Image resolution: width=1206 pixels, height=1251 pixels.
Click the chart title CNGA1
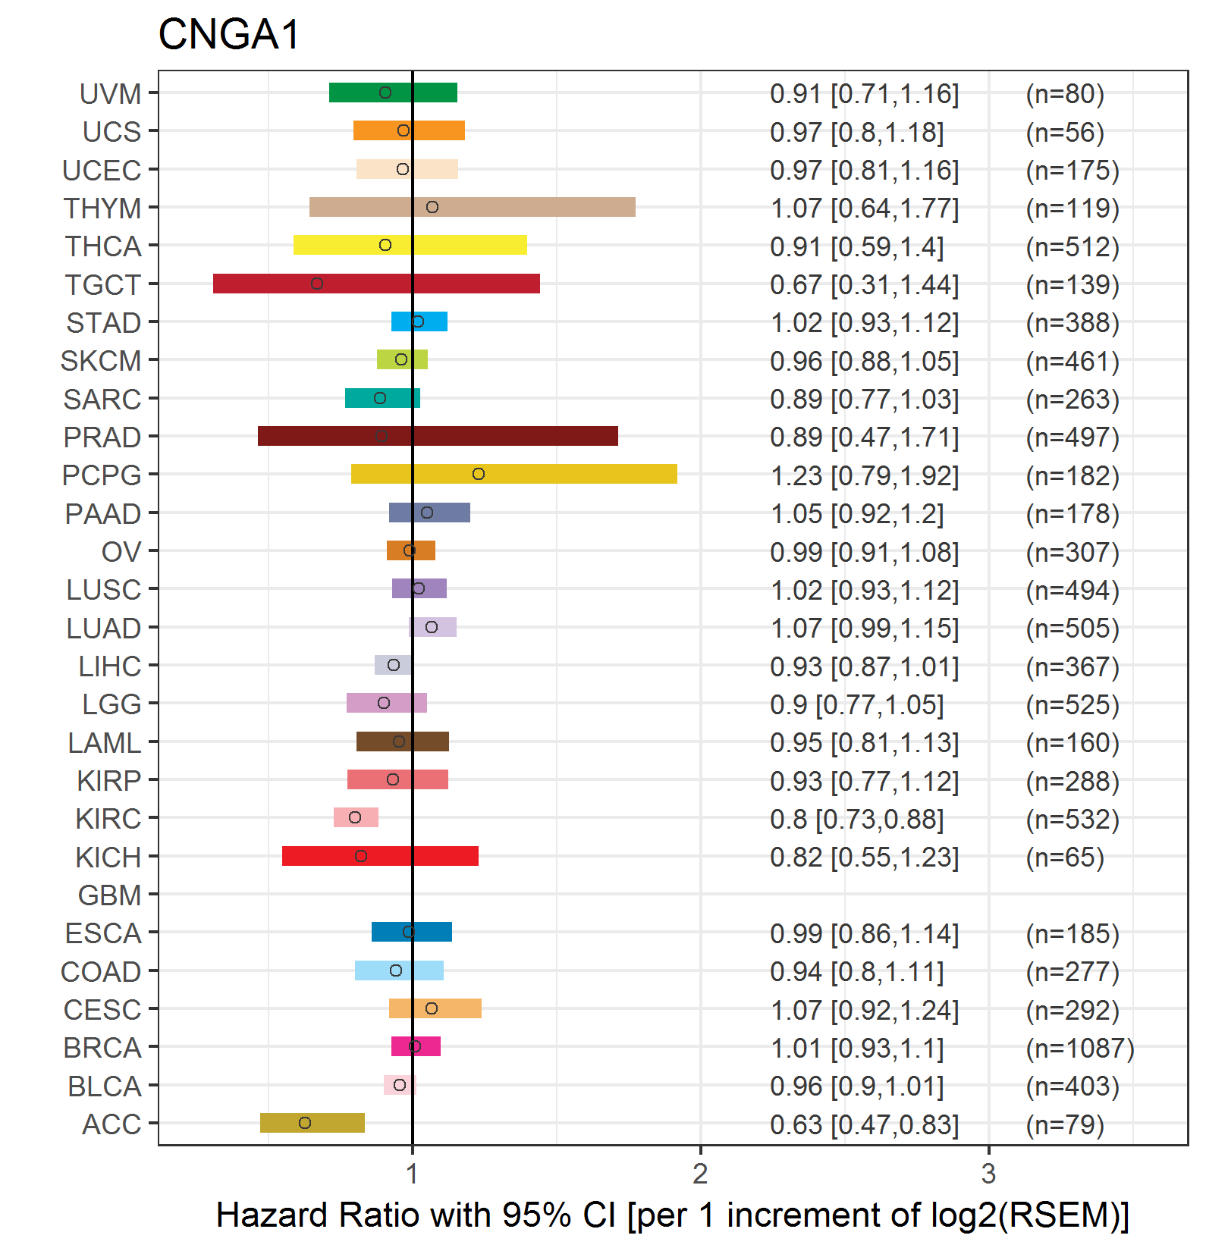pos(229,35)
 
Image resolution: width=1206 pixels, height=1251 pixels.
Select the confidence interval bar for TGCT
pos(376,284)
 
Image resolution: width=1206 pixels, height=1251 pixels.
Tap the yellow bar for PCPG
pos(514,474)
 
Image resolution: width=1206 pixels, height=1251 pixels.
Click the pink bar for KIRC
pos(356,817)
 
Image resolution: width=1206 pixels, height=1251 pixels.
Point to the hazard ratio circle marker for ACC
pos(305,1123)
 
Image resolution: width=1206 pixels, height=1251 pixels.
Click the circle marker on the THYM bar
pos(432,207)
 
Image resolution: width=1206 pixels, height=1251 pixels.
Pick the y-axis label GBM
pos(110,895)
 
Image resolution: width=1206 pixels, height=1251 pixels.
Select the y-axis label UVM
pos(111,94)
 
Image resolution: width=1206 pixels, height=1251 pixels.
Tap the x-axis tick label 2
pos(700,1174)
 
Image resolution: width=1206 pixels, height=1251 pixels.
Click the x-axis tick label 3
pos(988,1174)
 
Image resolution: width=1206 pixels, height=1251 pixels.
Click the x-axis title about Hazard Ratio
pos(673,1215)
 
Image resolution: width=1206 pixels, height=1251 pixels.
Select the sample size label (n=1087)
pos(1080,1048)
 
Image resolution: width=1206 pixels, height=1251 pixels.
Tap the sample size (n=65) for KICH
pos(1065,858)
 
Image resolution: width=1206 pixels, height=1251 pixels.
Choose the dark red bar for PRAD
pos(438,436)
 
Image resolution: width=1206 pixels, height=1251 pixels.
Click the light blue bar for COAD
pos(399,970)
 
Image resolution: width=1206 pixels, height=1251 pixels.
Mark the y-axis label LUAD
pos(104,629)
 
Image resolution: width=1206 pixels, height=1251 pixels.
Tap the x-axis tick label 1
pos(412,1174)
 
